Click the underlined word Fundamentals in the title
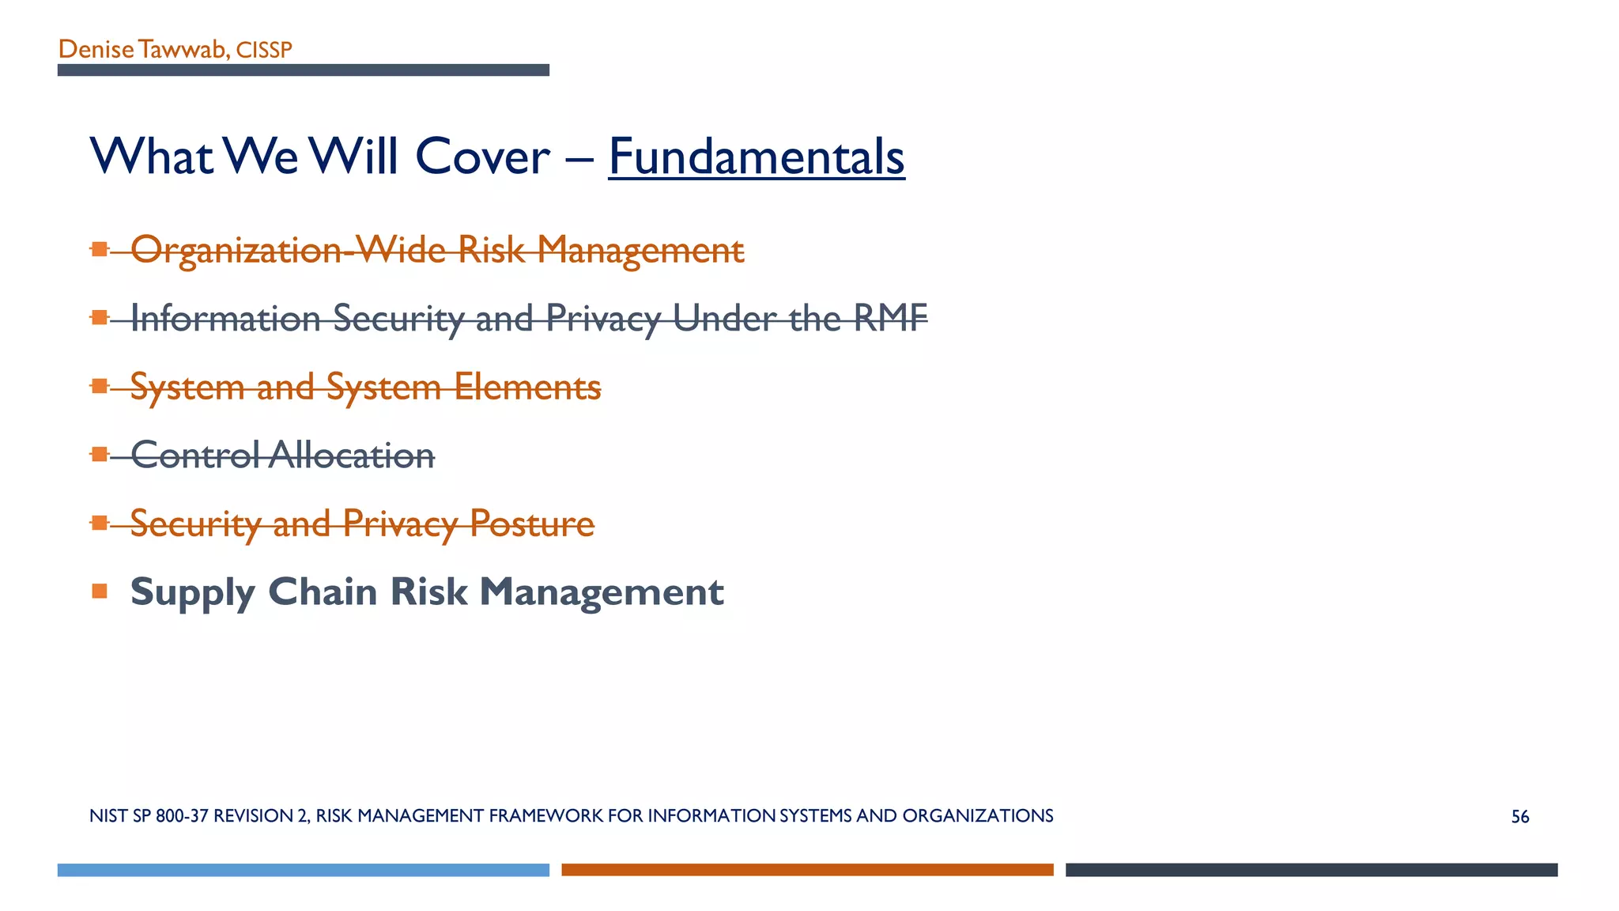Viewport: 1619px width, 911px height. click(x=756, y=157)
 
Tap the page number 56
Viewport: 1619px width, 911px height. click(x=1519, y=817)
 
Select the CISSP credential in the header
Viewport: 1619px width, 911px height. click(x=264, y=51)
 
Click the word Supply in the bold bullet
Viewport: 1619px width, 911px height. click(x=193, y=593)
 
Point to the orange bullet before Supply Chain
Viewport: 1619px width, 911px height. click(x=99, y=591)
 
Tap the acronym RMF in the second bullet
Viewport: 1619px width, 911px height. click(x=890, y=318)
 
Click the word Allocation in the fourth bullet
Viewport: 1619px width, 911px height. click(x=351, y=455)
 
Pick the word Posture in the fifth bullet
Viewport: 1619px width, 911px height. click(x=531, y=524)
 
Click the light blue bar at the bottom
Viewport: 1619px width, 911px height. click(x=303, y=870)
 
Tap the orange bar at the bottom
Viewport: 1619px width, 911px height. click(x=807, y=870)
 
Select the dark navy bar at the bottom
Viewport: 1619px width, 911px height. click(x=1311, y=870)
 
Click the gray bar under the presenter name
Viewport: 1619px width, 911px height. click(x=303, y=70)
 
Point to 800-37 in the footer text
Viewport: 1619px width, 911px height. click(x=182, y=816)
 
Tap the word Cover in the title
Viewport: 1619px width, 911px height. click(x=481, y=157)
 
